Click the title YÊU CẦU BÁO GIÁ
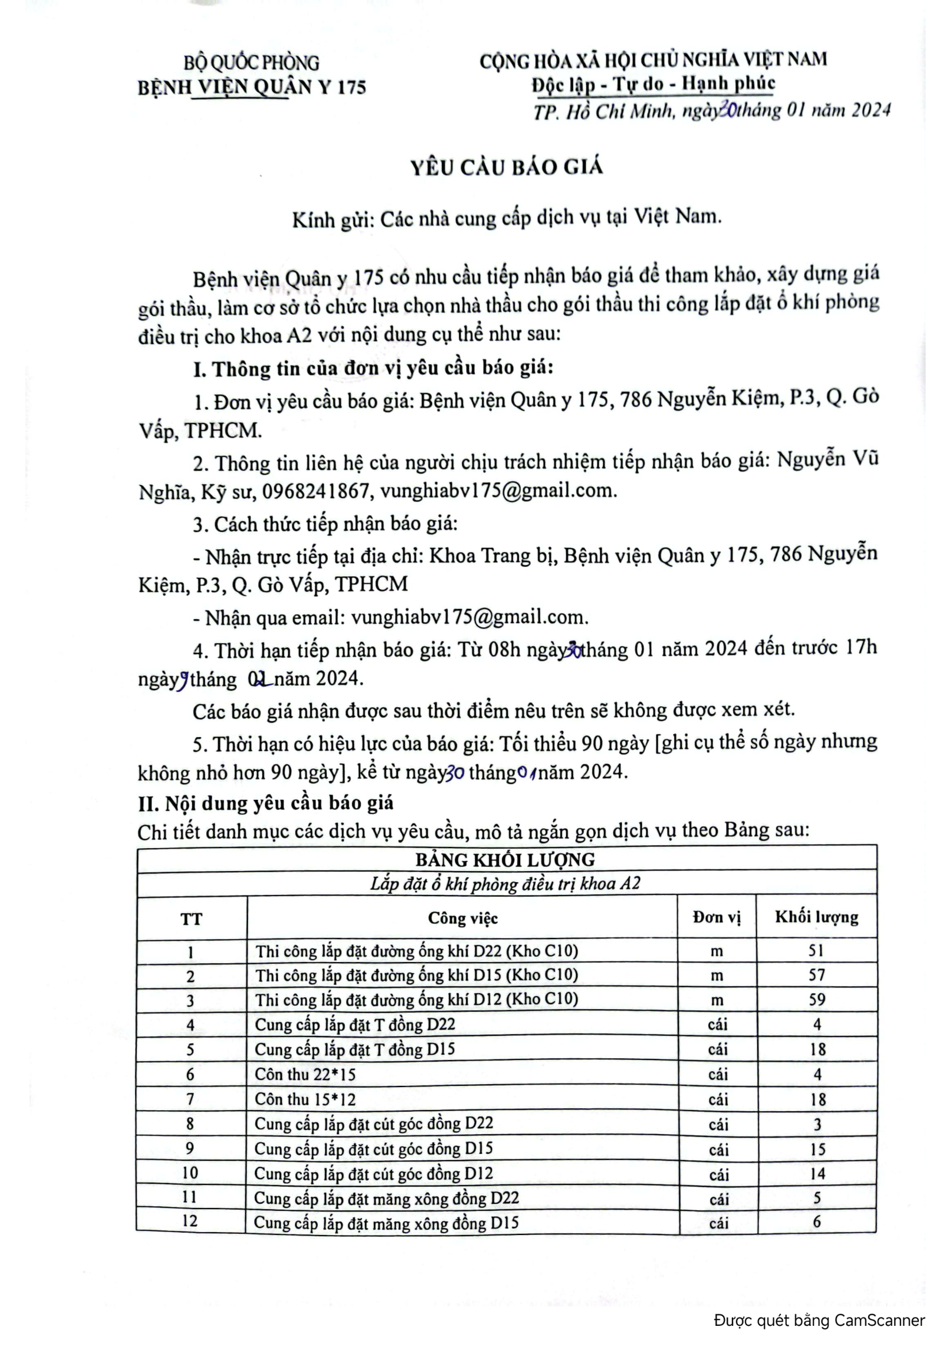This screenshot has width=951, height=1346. point(506,167)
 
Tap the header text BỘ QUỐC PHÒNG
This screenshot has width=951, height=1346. point(251,63)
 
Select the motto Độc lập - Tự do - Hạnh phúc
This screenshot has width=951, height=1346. point(654,84)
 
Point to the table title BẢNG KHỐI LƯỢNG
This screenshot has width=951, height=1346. point(505,859)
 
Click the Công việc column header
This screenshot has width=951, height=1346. point(463,918)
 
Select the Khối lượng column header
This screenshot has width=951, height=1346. point(816,917)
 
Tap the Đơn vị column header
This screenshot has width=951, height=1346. point(717,917)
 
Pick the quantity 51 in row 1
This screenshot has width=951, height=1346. point(816,950)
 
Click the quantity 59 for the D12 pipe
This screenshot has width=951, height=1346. point(817,1000)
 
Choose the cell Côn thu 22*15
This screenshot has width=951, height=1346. point(305,1074)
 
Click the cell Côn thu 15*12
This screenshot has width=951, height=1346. point(305,1099)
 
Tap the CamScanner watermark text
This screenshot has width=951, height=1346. point(819,1320)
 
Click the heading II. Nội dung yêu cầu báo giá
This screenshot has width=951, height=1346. point(265,803)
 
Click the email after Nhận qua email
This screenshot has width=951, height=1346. point(469,617)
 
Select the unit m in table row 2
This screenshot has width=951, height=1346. point(717,975)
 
